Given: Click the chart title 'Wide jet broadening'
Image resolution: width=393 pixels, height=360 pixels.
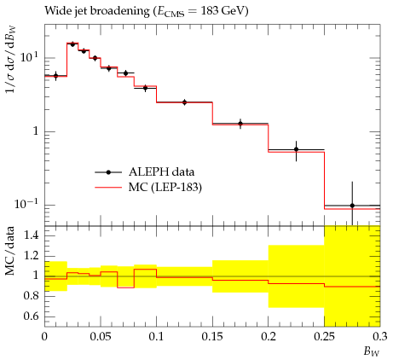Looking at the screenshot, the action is pyautogui.click(x=96, y=11).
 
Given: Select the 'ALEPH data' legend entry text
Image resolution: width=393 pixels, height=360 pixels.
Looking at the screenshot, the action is pyautogui.click(x=161, y=172).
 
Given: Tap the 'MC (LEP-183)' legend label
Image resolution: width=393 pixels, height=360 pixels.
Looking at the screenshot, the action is pyautogui.click(x=165, y=188).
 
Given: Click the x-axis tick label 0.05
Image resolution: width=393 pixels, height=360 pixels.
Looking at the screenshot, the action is pyautogui.click(x=101, y=337).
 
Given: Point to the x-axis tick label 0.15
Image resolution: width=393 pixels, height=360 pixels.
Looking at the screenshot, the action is pyautogui.click(x=212, y=337).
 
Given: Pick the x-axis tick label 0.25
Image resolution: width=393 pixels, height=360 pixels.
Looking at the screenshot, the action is pyautogui.click(x=325, y=337).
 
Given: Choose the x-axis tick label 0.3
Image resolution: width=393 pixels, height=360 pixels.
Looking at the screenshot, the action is pyautogui.click(x=380, y=337).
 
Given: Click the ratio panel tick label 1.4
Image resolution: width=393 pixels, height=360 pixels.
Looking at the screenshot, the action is pyautogui.click(x=32, y=235).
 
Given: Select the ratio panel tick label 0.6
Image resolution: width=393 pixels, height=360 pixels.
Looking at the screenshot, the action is pyautogui.click(x=32, y=316).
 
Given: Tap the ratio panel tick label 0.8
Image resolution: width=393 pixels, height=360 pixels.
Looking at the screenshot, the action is pyautogui.click(x=32, y=296).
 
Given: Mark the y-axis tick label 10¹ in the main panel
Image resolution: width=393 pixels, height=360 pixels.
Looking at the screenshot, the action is pyautogui.click(x=29, y=57).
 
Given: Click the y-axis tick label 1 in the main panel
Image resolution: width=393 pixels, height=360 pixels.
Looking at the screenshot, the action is pyautogui.click(x=35, y=131).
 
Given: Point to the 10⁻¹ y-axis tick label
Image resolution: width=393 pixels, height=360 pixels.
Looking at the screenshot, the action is pyautogui.click(x=26, y=204).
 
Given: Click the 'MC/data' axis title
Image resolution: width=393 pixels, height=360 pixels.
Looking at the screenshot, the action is pyautogui.click(x=10, y=251).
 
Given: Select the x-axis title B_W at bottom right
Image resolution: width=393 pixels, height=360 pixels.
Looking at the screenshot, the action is pyautogui.click(x=372, y=351).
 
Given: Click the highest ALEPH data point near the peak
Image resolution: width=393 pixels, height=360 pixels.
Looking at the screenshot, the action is pyautogui.click(x=72, y=44).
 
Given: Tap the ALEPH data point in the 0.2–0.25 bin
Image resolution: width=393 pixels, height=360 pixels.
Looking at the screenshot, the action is pyautogui.click(x=297, y=149).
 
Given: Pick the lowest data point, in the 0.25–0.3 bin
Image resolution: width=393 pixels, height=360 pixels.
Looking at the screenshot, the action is pyautogui.click(x=352, y=206).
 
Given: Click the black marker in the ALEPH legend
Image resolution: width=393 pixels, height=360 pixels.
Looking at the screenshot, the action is pyautogui.click(x=108, y=172).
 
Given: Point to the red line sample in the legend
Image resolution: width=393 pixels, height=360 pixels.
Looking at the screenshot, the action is pyautogui.click(x=108, y=188).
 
